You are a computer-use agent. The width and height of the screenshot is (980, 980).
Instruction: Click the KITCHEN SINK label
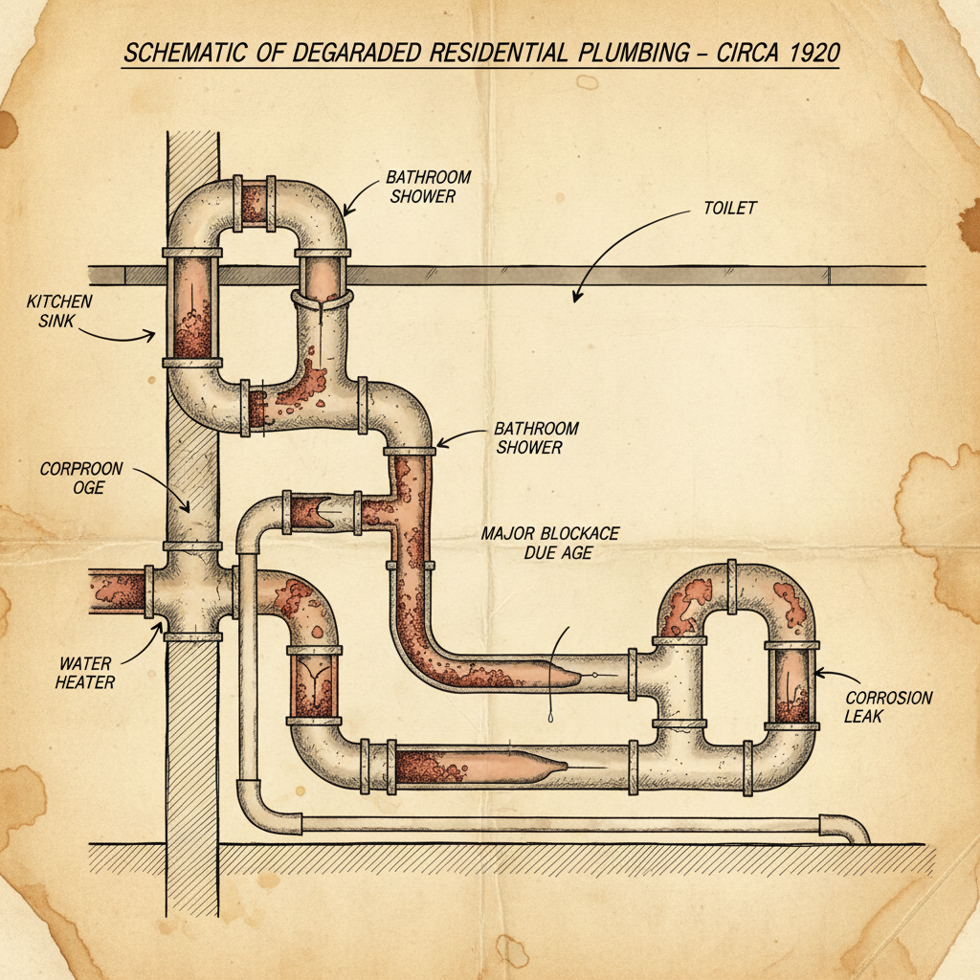[x=59, y=309]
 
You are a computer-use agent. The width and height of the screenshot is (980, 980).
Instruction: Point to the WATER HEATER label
[x=86, y=672]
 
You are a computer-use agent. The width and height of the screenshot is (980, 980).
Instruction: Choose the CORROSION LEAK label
[x=888, y=705]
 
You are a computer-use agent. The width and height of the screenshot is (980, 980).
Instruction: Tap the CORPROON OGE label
[x=81, y=478]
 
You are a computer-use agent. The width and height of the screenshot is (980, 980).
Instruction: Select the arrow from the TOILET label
[x=612, y=249]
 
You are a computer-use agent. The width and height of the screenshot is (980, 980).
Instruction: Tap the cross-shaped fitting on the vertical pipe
[x=192, y=591]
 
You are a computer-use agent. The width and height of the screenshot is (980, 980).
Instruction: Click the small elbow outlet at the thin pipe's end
[x=847, y=828]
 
